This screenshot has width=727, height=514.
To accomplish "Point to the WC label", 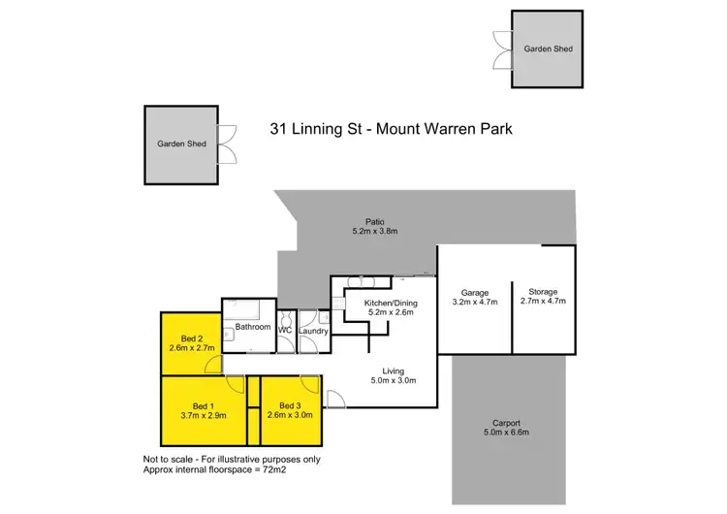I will (x=285, y=331).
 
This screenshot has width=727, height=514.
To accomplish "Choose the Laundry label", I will (x=314, y=331).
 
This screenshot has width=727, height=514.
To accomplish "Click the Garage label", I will (x=474, y=292).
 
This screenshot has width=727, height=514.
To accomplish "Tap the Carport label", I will (x=506, y=423).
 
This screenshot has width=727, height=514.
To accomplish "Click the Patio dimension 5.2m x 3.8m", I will (x=375, y=232).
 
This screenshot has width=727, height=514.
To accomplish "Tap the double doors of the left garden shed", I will (x=227, y=144).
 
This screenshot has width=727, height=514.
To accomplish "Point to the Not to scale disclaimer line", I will (x=231, y=459).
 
